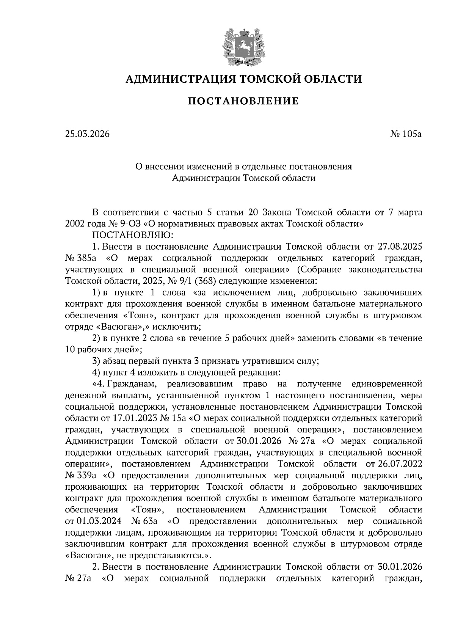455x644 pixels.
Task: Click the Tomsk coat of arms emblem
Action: [243, 45]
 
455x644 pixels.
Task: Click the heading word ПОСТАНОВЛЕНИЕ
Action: [243, 101]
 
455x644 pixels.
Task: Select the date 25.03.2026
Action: [87, 134]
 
